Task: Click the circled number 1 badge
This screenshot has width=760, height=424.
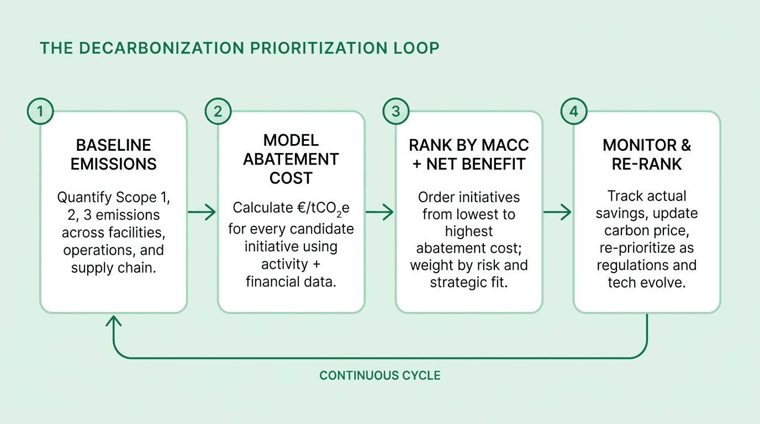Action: click(x=40, y=112)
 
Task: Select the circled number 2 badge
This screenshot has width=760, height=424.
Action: click(x=218, y=112)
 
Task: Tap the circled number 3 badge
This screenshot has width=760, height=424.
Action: click(x=395, y=112)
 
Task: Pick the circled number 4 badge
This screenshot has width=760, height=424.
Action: click(x=573, y=112)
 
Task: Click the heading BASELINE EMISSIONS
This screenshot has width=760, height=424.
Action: click(x=113, y=155)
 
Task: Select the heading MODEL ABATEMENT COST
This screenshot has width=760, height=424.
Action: click(x=291, y=159)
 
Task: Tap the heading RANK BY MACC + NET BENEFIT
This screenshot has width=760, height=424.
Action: click(x=469, y=155)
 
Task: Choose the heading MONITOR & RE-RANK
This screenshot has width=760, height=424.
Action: click(x=647, y=155)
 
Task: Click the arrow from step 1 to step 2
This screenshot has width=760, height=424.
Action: click(x=202, y=211)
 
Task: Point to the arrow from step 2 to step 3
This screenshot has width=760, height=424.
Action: click(x=380, y=211)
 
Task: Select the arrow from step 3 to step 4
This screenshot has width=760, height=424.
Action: click(x=558, y=211)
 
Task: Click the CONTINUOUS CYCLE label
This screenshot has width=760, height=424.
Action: click(x=380, y=376)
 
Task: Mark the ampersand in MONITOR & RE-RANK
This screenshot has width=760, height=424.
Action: click(x=684, y=145)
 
